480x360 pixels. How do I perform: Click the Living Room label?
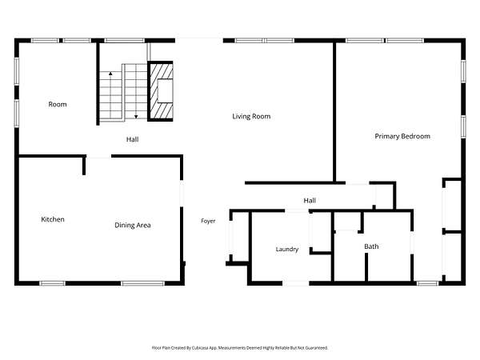click(251, 116)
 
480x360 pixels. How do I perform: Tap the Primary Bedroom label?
click(402, 136)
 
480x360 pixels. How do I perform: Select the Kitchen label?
click(53, 219)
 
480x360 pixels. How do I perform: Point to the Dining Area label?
click(133, 226)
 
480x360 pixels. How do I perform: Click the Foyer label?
click(208, 221)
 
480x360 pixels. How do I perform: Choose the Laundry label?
click(287, 249)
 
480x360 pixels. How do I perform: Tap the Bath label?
click(371, 246)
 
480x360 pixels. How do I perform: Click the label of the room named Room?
click(58, 104)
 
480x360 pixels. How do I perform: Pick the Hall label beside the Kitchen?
click(132, 139)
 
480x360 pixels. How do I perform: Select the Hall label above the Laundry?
click(310, 201)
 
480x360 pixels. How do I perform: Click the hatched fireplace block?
click(161, 91)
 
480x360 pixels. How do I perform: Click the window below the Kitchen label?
click(52, 283)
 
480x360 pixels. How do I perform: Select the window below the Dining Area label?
click(142, 283)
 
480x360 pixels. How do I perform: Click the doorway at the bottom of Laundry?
click(296, 283)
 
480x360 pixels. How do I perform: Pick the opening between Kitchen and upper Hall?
click(98, 157)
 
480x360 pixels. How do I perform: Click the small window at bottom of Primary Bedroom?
click(428, 283)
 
